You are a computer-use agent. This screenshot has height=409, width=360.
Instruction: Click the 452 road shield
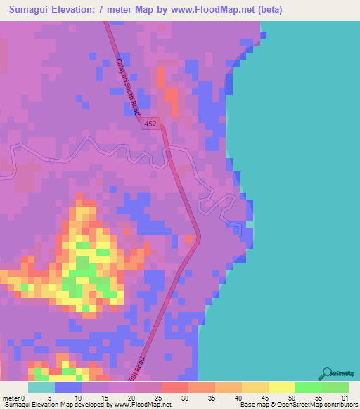point(150,123)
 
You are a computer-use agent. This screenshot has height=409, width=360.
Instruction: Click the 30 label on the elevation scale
point(189,398)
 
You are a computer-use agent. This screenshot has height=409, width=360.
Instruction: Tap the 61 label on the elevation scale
point(345,398)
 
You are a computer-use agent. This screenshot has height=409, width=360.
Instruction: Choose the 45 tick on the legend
point(269,398)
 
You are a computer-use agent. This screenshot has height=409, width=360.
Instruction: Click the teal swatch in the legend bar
point(41,387)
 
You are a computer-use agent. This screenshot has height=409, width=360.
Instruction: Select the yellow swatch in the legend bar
point(281,387)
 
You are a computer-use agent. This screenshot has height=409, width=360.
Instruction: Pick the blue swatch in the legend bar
point(68,387)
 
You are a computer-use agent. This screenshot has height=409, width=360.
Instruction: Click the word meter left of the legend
point(12,398)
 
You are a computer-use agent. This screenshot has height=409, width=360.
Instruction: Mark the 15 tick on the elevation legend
point(109,398)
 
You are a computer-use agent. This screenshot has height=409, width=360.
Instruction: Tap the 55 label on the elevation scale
point(323,398)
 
